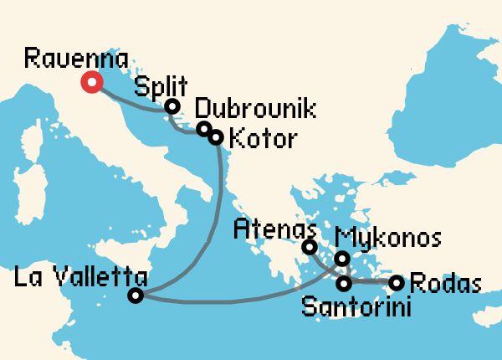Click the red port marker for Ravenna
(90, 82)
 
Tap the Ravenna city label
(76, 59)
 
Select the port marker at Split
(172, 106)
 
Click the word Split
(161, 85)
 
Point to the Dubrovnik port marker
(203, 129)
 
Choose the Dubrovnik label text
(243, 109)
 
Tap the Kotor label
(262, 138)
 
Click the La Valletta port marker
(136, 295)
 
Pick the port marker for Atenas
(309, 246)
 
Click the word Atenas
(274, 226)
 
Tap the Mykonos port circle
(341, 259)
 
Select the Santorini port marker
(343, 282)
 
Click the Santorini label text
(356, 306)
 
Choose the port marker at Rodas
(397, 282)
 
